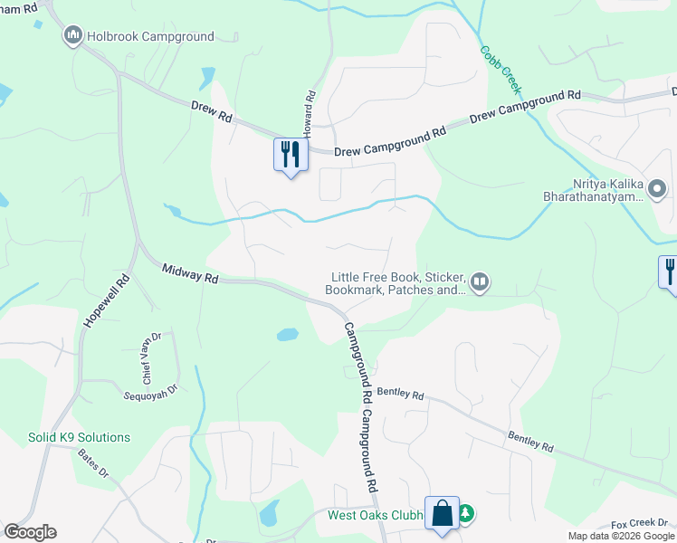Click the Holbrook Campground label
[x=150, y=37]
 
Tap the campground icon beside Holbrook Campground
[x=72, y=36]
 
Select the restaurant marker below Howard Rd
[x=291, y=154]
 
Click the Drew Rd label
[x=212, y=111]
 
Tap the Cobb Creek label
[x=501, y=71]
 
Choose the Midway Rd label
[x=190, y=273]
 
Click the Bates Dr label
[x=92, y=462]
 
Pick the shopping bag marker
[x=443, y=514]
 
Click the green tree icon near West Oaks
[x=466, y=514]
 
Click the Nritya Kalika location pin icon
[x=658, y=190]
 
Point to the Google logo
[x=30, y=532]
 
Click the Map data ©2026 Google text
[x=620, y=536]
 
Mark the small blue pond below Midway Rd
[x=287, y=334]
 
